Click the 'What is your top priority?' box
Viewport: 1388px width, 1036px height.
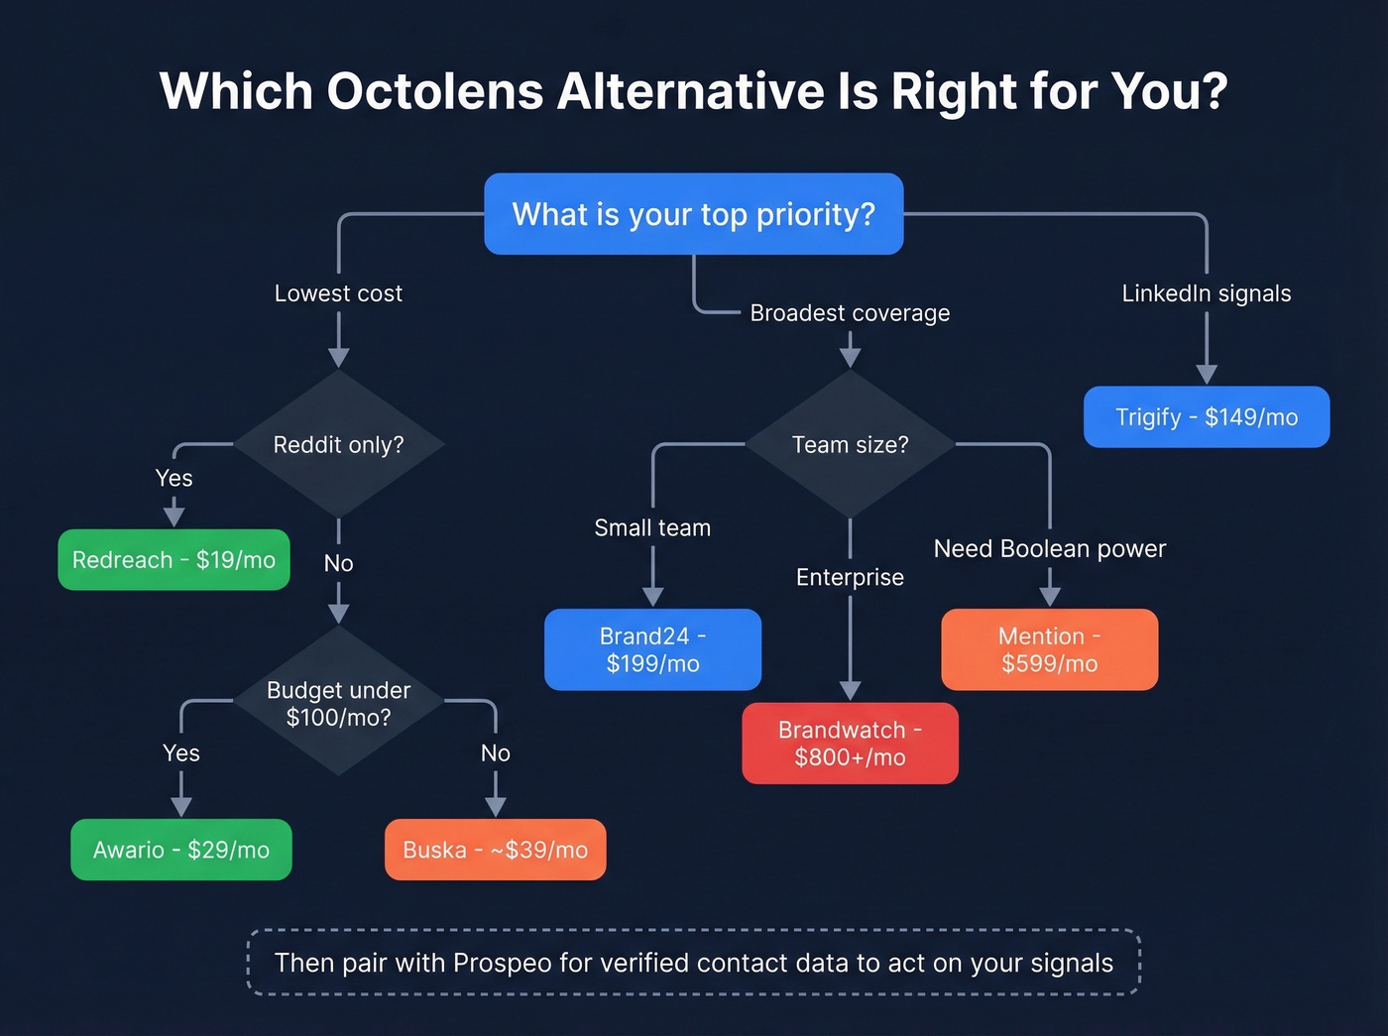coord(693,214)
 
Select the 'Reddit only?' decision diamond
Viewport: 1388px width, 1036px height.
coord(338,444)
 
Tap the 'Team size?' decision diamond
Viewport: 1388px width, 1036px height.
coord(850,444)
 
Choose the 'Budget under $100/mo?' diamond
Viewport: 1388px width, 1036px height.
coord(338,703)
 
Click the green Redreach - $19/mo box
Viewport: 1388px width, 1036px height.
coord(173,560)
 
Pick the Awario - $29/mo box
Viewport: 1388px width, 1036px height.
coord(181,850)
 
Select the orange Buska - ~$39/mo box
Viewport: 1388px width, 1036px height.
coord(495,850)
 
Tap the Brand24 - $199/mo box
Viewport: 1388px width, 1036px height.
coord(652,649)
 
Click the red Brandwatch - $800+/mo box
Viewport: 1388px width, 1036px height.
coord(850,744)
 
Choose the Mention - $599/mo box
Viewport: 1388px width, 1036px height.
coord(1049,649)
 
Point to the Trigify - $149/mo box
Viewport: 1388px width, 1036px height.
coord(1206,417)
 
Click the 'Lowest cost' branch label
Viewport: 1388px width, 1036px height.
coord(338,293)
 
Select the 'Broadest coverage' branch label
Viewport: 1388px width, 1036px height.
coord(850,313)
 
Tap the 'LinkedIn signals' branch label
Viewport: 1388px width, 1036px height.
coord(1206,293)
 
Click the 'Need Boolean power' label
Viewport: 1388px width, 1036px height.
coord(1049,548)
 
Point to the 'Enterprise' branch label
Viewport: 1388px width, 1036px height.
coord(850,577)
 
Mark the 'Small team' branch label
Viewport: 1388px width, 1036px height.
coord(652,527)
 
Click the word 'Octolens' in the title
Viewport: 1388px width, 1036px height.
coord(434,91)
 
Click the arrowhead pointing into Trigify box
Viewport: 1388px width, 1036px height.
coord(1206,375)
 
